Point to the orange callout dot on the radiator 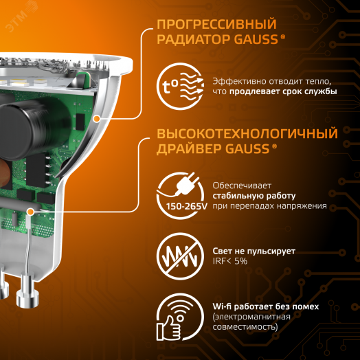pos(97,119)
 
